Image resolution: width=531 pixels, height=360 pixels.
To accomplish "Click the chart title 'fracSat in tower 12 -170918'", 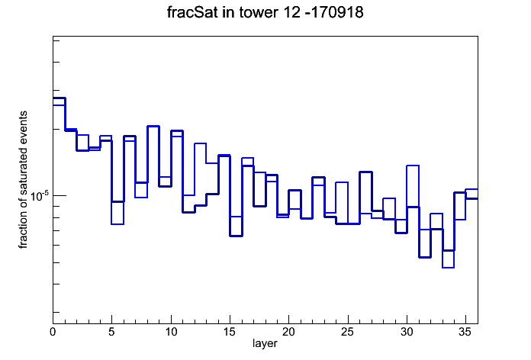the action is pyautogui.click(x=265, y=12).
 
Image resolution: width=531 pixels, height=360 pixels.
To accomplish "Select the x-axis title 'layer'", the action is pyautogui.click(x=265, y=343).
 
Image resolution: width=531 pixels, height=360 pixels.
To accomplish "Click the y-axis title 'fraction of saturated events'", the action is pyautogui.click(x=23, y=180).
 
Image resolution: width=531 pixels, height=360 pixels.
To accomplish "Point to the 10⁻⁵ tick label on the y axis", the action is pyautogui.click(x=39, y=195).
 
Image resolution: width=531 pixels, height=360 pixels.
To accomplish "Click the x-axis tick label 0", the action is pyautogui.click(x=53, y=332).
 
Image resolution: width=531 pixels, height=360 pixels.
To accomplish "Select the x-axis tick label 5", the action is pyautogui.click(x=111, y=332).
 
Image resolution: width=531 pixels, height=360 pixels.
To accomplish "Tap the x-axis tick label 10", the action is pyautogui.click(x=171, y=332).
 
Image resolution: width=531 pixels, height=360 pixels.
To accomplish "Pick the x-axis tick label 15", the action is pyautogui.click(x=230, y=332).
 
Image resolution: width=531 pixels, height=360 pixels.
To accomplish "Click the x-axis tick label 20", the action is pyautogui.click(x=288, y=332).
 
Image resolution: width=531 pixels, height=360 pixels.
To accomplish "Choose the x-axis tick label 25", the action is pyautogui.click(x=347, y=332).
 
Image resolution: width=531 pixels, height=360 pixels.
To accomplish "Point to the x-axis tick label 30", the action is pyautogui.click(x=407, y=332).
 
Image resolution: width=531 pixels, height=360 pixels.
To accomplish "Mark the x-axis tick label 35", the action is pyautogui.click(x=465, y=332).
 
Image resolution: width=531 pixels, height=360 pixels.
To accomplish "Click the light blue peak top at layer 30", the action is pyautogui.click(x=413, y=166).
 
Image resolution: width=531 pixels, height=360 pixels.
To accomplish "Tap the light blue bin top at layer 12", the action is pyautogui.click(x=200, y=143).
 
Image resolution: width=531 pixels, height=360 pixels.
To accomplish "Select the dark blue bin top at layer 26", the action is pyautogui.click(x=365, y=172).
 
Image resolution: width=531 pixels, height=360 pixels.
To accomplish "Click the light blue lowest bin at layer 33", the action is pyautogui.click(x=448, y=268).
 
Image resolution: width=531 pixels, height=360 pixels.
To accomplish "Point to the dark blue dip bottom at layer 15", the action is pyautogui.click(x=236, y=236).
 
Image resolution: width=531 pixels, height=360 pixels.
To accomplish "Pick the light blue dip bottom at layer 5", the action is pyautogui.click(x=117, y=224).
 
